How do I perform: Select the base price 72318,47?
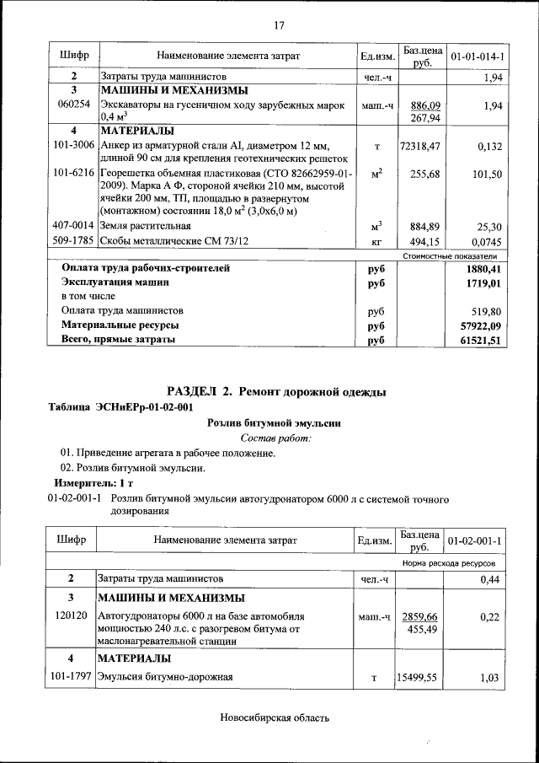(x=420, y=146)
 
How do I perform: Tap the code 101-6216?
(x=73, y=173)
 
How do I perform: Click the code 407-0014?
(x=73, y=226)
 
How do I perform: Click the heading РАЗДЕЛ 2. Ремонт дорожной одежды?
(x=277, y=391)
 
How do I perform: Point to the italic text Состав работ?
(x=276, y=438)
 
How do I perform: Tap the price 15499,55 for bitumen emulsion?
(x=420, y=676)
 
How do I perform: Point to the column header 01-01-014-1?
(x=478, y=56)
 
